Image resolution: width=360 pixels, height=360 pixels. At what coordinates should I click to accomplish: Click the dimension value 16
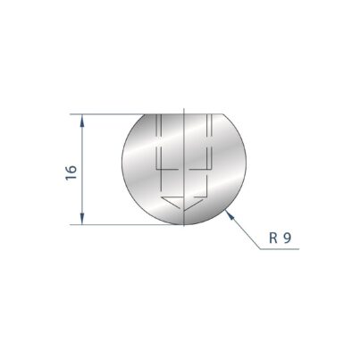click(71, 172)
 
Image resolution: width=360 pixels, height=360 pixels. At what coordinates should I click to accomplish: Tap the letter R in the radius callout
click(273, 238)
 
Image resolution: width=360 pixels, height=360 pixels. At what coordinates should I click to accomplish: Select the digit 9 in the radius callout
click(287, 238)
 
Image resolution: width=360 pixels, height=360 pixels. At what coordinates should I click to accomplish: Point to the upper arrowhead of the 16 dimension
click(82, 121)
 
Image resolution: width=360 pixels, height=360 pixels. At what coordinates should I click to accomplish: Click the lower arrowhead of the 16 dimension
click(82, 218)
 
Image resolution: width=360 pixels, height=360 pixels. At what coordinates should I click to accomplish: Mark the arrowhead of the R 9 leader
click(230, 214)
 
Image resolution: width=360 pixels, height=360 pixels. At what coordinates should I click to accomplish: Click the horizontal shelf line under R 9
click(280, 249)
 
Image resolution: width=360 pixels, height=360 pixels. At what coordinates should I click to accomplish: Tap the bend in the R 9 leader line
click(260, 249)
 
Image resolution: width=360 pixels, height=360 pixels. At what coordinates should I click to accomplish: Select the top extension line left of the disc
click(107, 114)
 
